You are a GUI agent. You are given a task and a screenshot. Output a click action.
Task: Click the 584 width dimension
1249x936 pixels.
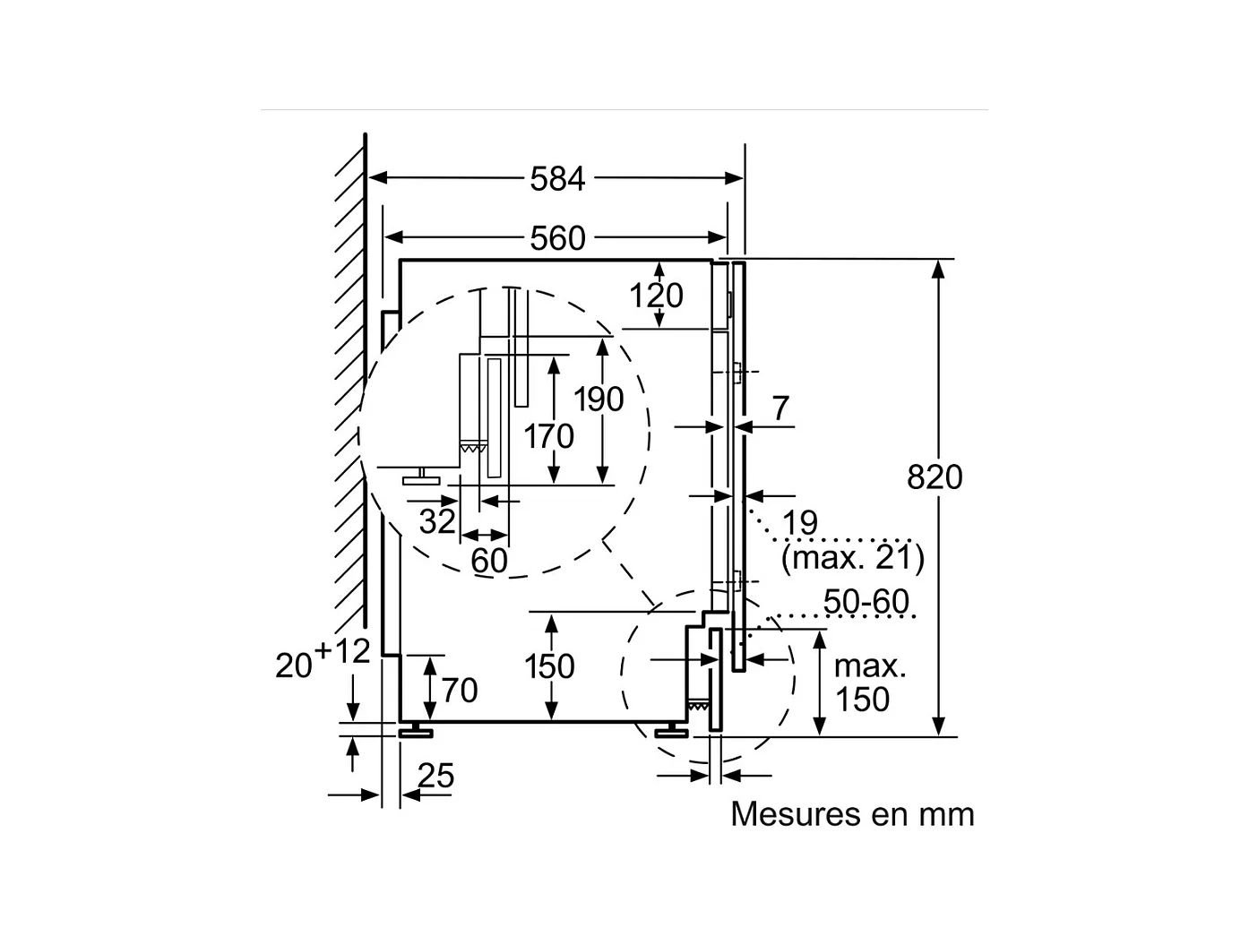click(x=556, y=179)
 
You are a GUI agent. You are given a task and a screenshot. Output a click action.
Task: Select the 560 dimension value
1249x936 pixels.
click(x=556, y=238)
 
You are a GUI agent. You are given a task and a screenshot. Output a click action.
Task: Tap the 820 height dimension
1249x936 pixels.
click(x=934, y=477)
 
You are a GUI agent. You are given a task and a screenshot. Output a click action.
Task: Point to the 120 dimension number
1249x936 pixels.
click(x=656, y=295)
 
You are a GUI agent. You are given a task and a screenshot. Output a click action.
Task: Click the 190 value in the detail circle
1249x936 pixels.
click(x=599, y=399)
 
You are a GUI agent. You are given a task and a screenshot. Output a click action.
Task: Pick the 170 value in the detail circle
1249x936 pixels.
click(x=548, y=436)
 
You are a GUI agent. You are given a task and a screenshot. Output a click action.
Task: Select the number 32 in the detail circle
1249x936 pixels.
click(x=437, y=520)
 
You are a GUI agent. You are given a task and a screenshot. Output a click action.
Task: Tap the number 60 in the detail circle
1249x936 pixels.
click(x=489, y=561)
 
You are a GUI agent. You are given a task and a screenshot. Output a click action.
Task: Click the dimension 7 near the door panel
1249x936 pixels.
click(x=780, y=408)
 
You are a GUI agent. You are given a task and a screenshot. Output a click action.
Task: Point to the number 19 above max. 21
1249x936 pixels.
click(x=799, y=523)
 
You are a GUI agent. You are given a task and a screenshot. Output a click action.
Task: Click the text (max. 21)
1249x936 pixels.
click(x=851, y=558)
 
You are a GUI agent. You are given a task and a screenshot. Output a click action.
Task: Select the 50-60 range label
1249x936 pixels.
click(x=866, y=602)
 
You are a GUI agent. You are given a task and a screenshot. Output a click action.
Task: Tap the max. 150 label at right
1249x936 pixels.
click(x=868, y=683)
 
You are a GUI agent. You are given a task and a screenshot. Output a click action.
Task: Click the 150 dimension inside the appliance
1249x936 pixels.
click(x=548, y=666)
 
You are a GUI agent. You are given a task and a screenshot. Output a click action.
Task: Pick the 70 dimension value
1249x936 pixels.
click(x=459, y=691)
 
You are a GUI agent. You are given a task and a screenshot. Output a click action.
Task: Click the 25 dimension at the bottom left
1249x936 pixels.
click(x=436, y=776)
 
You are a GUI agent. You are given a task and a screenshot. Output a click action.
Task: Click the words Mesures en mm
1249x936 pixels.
click(x=851, y=814)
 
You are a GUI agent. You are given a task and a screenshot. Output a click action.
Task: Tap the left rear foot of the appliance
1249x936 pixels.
click(x=417, y=732)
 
